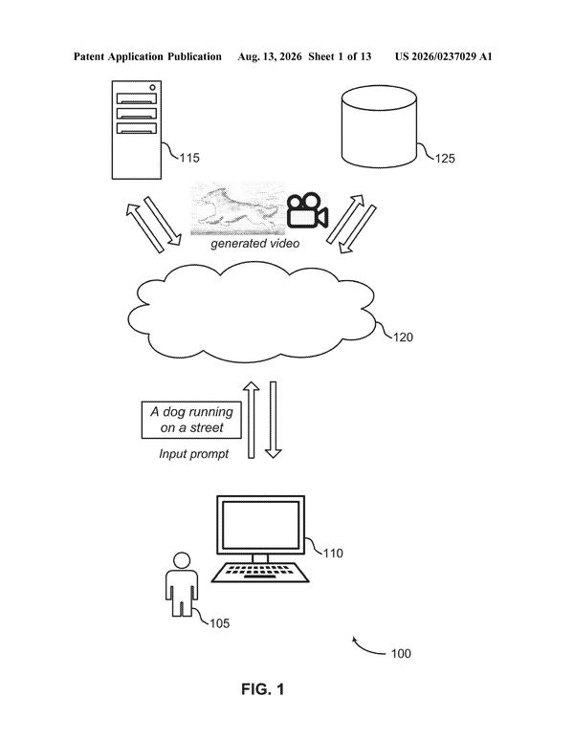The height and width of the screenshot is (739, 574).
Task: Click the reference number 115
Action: [189, 158]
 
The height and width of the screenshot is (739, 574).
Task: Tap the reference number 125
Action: [445, 159]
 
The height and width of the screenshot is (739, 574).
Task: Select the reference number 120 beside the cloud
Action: [403, 337]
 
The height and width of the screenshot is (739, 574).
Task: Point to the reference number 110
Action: [333, 554]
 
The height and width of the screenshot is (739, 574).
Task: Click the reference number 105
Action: [220, 623]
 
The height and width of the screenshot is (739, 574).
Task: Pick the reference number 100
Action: [401, 654]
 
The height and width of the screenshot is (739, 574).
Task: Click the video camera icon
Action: [307, 210]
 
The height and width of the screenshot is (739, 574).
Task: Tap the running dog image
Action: [237, 208]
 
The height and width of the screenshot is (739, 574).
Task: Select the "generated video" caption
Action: [255, 244]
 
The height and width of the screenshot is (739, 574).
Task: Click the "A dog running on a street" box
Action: [191, 420]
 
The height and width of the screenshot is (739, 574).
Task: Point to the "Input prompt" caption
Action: [194, 454]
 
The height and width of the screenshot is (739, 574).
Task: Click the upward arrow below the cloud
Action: [252, 420]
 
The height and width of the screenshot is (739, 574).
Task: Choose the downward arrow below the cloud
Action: [273, 420]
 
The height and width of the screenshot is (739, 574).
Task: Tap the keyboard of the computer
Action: [260, 572]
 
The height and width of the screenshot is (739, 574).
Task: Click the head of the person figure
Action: [182, 561]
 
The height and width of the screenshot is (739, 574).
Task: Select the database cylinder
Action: [379, 126]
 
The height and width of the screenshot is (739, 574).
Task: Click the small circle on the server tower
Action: [152, 88]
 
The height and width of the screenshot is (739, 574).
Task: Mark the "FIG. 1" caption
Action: [263, 689]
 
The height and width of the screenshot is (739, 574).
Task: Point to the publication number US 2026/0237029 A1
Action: [444, 57]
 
